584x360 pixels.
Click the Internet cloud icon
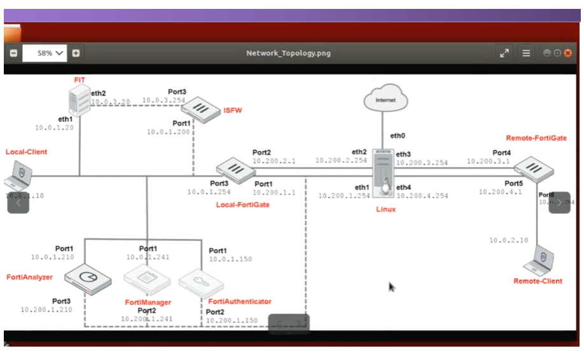386,100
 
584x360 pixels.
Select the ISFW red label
232,110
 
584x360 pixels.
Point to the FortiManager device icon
147,278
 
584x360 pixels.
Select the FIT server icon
80,100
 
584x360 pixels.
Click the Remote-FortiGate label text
536,138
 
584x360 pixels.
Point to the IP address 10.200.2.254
341,161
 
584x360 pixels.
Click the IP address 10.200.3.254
422,163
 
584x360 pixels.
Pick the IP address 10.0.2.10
508,240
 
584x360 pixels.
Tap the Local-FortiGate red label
242,205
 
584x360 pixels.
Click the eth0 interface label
398,135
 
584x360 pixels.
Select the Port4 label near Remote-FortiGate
501,153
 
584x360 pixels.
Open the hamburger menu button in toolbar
526,53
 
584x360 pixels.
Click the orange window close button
567,53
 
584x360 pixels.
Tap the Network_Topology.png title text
288,53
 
